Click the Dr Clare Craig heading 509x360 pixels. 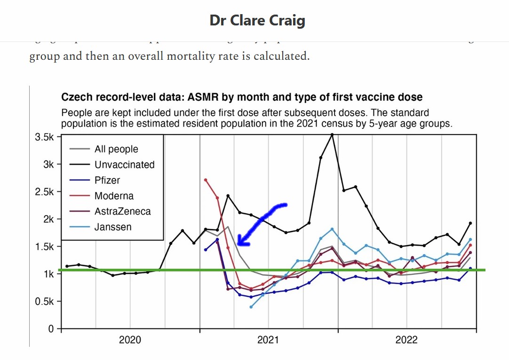click(257, 21)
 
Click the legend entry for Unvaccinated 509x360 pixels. click(124, 165)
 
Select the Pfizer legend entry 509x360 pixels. click(107, 180)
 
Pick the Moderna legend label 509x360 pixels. click(114, 196)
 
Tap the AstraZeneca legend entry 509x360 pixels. click(122, 211)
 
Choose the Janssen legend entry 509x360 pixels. click(113, 227)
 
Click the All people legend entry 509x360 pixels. click(116, 149)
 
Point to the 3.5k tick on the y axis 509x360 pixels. click(45, 137)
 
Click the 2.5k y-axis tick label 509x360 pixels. click(45, 192)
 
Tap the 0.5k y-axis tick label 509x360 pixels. click(45, 302)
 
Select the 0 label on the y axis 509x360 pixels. click(52, 328)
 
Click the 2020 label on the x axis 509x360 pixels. click(130, 340)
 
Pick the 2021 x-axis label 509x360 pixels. click(269, 340)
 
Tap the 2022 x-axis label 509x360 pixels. click(406, 340)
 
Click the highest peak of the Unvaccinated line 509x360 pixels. click(332, 134)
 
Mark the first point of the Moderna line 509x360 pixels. click(206, 180)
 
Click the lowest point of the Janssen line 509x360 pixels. click(251, 307)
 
